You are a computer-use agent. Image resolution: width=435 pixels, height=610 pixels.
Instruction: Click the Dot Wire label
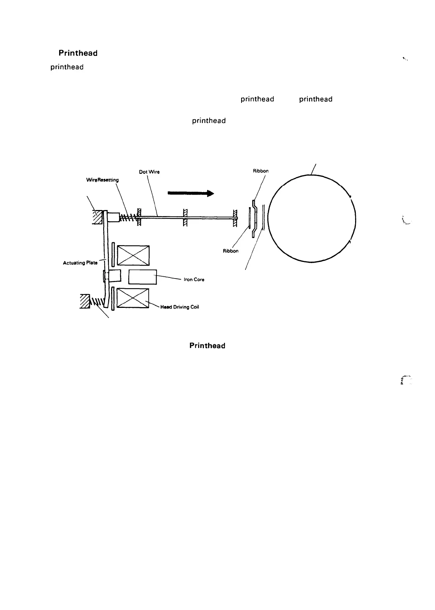click(x=149, y=172)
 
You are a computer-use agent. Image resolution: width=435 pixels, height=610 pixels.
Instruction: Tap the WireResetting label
click(x=102, y=180)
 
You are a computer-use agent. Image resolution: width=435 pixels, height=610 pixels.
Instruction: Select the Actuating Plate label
click(x=80, y=263)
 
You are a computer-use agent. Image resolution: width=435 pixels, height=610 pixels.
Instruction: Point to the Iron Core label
click(x=194, y=280)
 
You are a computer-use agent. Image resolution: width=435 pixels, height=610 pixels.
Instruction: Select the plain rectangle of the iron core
click(x=142, y=277)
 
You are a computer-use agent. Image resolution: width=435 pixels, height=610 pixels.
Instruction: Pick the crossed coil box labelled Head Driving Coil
click(x=133, y=298)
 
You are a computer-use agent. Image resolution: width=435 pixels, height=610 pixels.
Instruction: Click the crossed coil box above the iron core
click(x=133, y=256)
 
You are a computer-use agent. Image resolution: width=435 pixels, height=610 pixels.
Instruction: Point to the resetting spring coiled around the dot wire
click(x=128, y=217)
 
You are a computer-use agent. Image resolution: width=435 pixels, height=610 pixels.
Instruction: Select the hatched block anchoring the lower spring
click(x=85, y=301)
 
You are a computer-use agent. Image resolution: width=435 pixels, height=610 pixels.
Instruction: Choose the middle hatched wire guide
click(x=186, y=218)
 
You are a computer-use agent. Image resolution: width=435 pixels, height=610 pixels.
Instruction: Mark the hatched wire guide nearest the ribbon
click(x=235, y=218)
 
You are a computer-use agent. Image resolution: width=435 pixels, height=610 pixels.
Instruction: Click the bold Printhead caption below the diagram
click(x=207, y=346)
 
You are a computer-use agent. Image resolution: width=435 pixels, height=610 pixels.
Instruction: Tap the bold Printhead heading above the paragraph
click(x=78, y=53)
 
